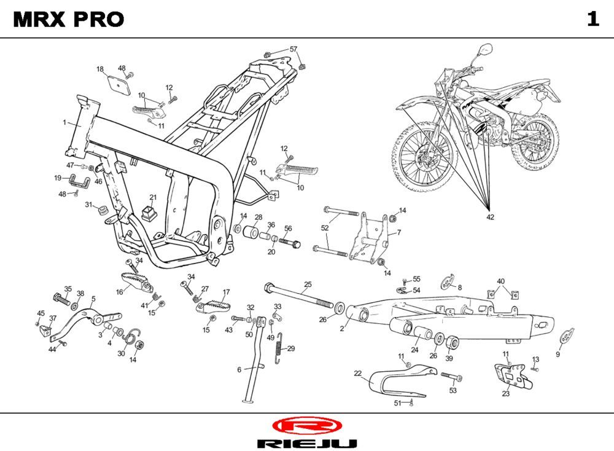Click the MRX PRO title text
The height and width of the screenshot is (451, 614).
click(68, 20)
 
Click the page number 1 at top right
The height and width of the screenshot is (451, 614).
click(593, 19)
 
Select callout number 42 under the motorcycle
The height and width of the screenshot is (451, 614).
click(490, 217)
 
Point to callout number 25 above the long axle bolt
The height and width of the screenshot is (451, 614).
click(308, 284)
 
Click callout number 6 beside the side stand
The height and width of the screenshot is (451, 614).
click(239, 370)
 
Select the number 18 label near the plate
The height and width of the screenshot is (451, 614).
click(100, 69)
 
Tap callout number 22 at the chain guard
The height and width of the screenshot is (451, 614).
click(358, 373)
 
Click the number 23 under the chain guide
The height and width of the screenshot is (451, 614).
click(505, 394)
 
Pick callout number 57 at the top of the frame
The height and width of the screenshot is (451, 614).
click(293, 49)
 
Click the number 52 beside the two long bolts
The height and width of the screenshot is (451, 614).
click(325, 228)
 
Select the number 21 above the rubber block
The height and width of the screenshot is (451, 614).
click(153, 197)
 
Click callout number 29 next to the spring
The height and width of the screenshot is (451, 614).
click(291, 348)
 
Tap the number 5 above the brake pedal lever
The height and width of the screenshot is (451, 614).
click(93, 299)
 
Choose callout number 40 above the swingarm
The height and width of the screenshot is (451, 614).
click(501, 281)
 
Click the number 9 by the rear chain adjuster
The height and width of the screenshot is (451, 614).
click(558, 355)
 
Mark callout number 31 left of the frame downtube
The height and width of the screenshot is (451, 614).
click(88, 205)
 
